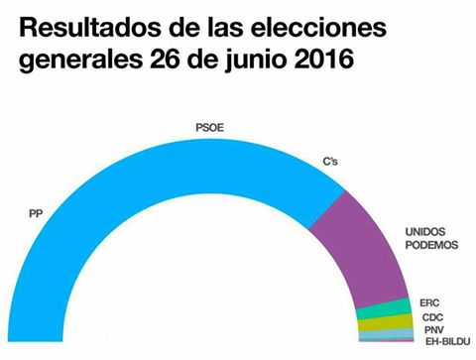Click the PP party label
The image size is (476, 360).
[36, 210]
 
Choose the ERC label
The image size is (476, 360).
[430, 301]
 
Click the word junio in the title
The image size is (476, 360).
[255, 60]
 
